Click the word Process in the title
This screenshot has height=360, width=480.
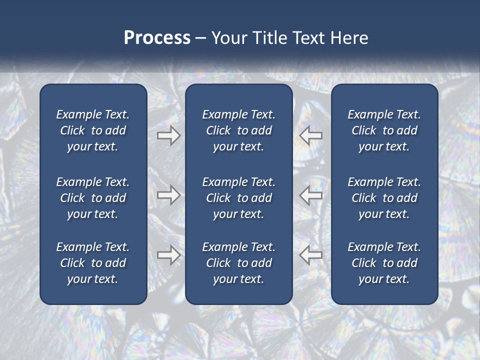pyautogui.click(x=157, y=38)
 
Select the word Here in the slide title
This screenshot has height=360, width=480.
pyautogui.click(x=349, y=38)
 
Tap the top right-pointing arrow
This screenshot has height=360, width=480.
pyautogui.click(x=168, y=135)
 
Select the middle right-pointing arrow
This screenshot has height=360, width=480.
pyautogui.click(x=168, y=195)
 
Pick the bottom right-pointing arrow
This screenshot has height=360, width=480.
pyautogui.click(x=168, y=254)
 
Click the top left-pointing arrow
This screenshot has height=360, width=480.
pyautogui.click(x=310, y=135)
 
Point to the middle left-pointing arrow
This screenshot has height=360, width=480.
pyautogui.click(x=310, y=195)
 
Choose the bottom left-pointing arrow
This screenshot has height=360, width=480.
pyautogui.click(x=310, y=254)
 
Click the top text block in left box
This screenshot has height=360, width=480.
pyautogui.click(x=93, y=130)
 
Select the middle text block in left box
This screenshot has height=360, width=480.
pyautogui.click(x=93, y=198)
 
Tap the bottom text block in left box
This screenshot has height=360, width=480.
pyautogui.click(x=93, y=263)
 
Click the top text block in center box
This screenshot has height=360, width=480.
pyautogui.click(x=238, y=130)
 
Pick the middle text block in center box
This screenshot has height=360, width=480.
pyautogui.click(x=238, y=198)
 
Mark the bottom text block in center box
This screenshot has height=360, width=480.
pyautogui.click(x=238, y=263)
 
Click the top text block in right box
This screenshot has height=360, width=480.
pyautogui.click(x=384, y=130)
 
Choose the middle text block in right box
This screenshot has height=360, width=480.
pyautogui.click(x=384, y=198)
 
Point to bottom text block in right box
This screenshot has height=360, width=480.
pyautogui.click(x=384, y=263)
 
